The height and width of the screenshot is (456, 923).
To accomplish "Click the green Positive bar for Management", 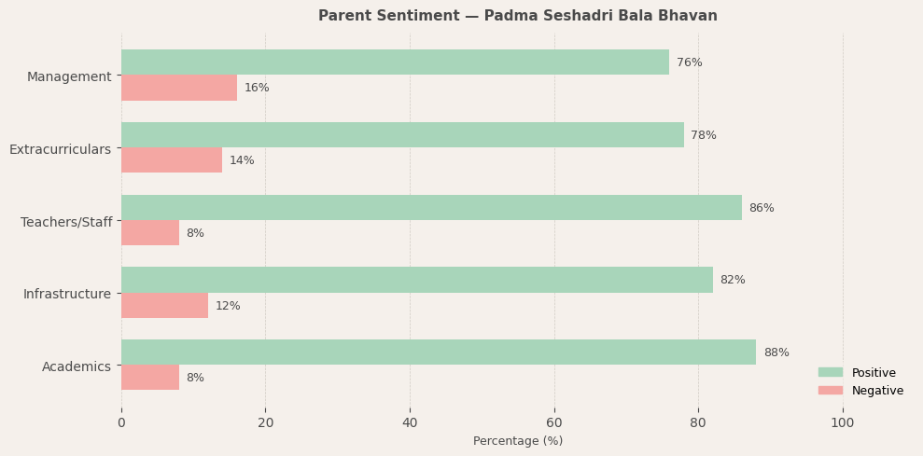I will click(395, 62).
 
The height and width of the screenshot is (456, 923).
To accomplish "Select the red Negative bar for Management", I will click(179, 88).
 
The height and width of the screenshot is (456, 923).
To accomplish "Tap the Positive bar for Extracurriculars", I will click(402, 135).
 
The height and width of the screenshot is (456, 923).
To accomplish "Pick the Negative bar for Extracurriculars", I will click(172, 160).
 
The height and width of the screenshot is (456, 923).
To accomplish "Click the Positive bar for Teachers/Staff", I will click(431, 208).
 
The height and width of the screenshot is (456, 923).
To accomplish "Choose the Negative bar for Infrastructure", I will click(164, 306).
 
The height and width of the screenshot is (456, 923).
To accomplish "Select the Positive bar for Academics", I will click(439, 352).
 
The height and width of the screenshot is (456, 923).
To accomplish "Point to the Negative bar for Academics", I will click(150, 378).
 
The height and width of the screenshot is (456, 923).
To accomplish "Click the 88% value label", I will click(776, 352).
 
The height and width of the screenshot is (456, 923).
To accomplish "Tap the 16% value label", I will click(257, 88).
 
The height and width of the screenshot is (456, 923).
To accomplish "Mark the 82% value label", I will click(733, 280).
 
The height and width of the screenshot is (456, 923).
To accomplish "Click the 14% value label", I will click(242, 160).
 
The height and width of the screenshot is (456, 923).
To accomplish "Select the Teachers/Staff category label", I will click(66, 222).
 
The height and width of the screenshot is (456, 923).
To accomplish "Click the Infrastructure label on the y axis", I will click(67, 294).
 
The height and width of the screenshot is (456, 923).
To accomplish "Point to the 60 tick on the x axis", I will click(554, 422).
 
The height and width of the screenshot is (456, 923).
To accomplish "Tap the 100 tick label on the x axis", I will click(843, 422).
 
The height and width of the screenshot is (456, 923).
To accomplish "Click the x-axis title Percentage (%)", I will click(518, 441).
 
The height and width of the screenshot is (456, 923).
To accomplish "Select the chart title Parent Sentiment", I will click(518, 16).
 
